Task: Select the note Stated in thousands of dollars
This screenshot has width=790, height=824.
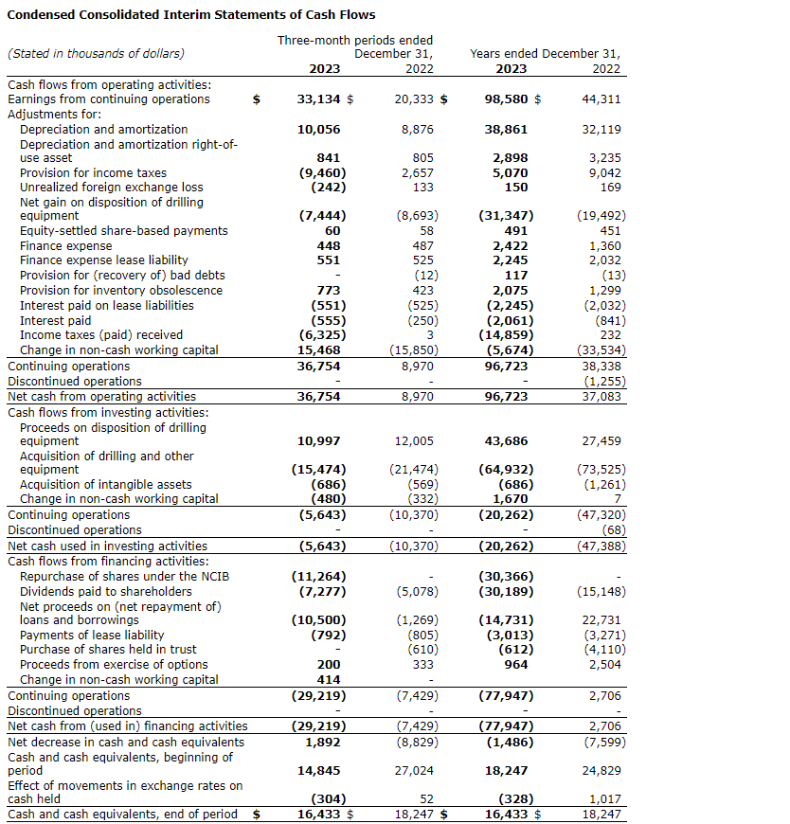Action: (x=96, y=53)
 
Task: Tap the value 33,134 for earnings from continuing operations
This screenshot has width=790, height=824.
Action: (x=318, y=99)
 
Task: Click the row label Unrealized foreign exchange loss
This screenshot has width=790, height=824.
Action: (x=112, y=188)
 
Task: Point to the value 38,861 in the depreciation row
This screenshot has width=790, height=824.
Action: (x=505, y=129)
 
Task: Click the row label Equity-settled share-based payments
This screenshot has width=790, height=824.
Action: (x=124, y=230)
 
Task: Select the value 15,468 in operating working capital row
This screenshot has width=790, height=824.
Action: (x=324, y=349)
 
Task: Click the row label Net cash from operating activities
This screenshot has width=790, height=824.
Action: (x=102, y=396)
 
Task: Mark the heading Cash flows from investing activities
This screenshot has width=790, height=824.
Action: (x=108, y=412)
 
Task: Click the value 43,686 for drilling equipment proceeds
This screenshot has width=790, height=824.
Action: (x=506, y=441)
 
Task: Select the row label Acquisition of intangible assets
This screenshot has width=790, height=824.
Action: (x=106, y=484)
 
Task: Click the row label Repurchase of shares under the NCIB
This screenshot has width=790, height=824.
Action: (x=124, y=576)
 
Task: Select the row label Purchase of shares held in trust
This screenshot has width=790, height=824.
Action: (x=108, y=649)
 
